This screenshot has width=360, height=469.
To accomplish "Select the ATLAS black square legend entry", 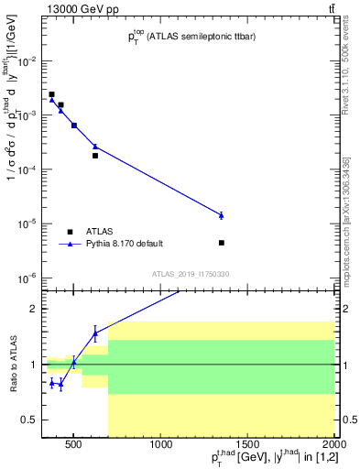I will pos(70,232).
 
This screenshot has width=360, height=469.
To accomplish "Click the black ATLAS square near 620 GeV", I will pos(95,156).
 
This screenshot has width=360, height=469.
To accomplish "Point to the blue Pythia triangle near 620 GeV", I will pos(95,146).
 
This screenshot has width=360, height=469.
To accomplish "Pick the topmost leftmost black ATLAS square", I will pos(52,94).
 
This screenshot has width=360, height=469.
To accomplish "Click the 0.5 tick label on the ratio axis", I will pos(32,420).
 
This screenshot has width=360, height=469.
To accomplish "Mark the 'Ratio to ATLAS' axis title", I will pos(13,365).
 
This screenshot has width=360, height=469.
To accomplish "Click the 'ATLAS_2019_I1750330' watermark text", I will pos(191,273).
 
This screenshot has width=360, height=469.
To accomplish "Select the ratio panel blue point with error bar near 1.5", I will pos(95,333).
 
